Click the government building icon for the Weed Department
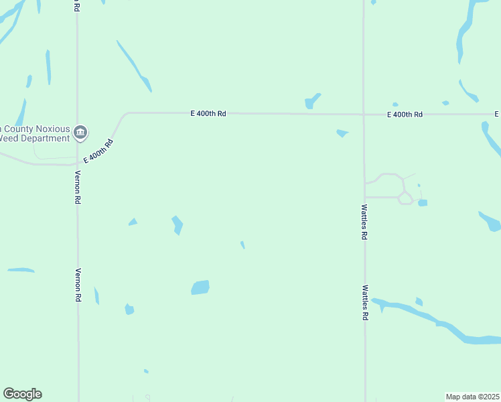[x=80, y=132]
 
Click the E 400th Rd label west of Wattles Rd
[x=208, y=114]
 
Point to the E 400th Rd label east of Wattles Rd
[x=405, y=115]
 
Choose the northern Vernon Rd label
[x=78, y=188]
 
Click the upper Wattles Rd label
[x=365, y=222]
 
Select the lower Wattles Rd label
[x=365, y=302]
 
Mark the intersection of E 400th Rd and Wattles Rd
[x=364, y=115]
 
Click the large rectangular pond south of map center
[x=200, y=287]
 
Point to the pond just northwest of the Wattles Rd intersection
[x=311, y=101]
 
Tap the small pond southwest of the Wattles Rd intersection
[x=342, y=133]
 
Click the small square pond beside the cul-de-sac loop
[x=423, y=202]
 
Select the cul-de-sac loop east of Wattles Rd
[x=405, y=198]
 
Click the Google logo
[x=22, y=394]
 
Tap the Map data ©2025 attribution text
[x=472, y=397]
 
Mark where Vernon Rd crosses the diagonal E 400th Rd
[x=78, y=163]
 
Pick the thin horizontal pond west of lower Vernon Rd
[x=21, y=270]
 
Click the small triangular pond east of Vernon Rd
[x=133, y=222]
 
